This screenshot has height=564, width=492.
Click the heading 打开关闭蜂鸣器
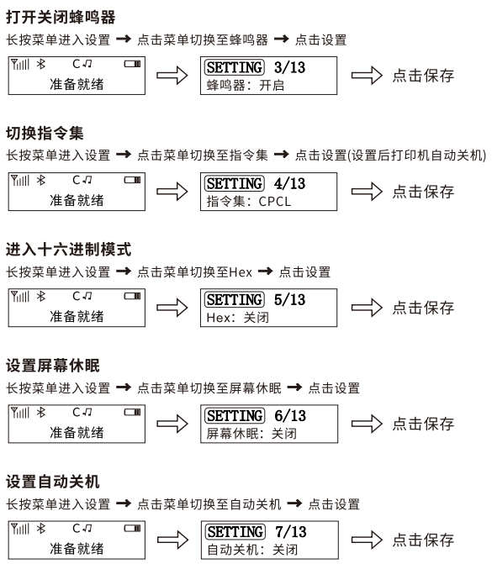point(61,18)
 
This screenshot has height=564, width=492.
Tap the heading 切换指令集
point(45,133)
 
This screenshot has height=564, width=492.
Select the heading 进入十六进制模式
point(68,250)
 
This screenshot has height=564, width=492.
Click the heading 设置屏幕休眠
point(53,366)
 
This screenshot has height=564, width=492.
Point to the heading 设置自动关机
point(53,482)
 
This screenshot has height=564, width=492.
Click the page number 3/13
point(289,67)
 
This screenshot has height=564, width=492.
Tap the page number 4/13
point(289,184)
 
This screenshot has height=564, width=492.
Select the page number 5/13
point(289,300)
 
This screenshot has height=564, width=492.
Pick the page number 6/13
point(290,416)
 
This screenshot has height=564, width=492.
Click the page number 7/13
point(291,532)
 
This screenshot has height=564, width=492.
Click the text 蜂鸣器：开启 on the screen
point(246,86)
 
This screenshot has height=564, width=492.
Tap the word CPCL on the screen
point(275,202)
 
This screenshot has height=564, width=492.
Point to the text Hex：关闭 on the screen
point(237,318)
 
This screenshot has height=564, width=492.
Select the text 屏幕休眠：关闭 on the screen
point(251,434)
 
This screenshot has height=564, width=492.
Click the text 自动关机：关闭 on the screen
point(252,550)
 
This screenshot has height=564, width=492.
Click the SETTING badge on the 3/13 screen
point(235,67)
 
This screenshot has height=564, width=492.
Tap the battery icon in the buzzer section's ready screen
point(132,64)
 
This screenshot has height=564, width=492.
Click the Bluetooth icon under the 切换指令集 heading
point(41,180)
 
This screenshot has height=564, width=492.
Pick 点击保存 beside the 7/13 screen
point(423,540)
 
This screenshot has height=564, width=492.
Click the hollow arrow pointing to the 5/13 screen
point(172,308)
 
